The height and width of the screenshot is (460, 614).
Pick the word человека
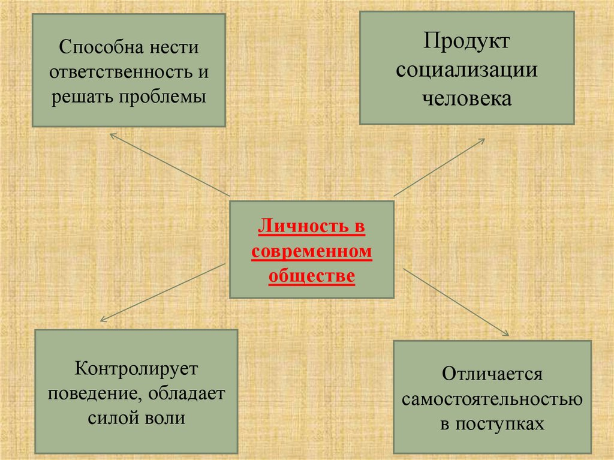coord(466,98)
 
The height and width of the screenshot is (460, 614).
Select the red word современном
coord(312,252)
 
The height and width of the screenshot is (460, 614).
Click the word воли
coord(164,418)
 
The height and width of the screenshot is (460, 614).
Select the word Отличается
coord(492,374)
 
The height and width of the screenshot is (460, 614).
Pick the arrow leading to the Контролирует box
coord(162,292)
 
